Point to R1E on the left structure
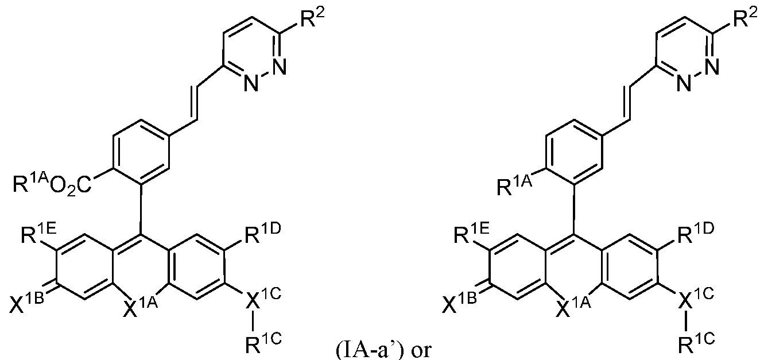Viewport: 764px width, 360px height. (x=38, y=234)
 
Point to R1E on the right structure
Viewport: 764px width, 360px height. (x=472, y=234)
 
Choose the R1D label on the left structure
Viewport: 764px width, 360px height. (x=261, y=234)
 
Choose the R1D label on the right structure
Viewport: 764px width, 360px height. (x=695, y=234)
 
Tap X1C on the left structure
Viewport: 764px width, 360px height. (x=262, y=299)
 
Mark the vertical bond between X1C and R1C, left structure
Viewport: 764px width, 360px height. (x=253, y=322)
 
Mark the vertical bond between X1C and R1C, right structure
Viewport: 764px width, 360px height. (x=685, y=322)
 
